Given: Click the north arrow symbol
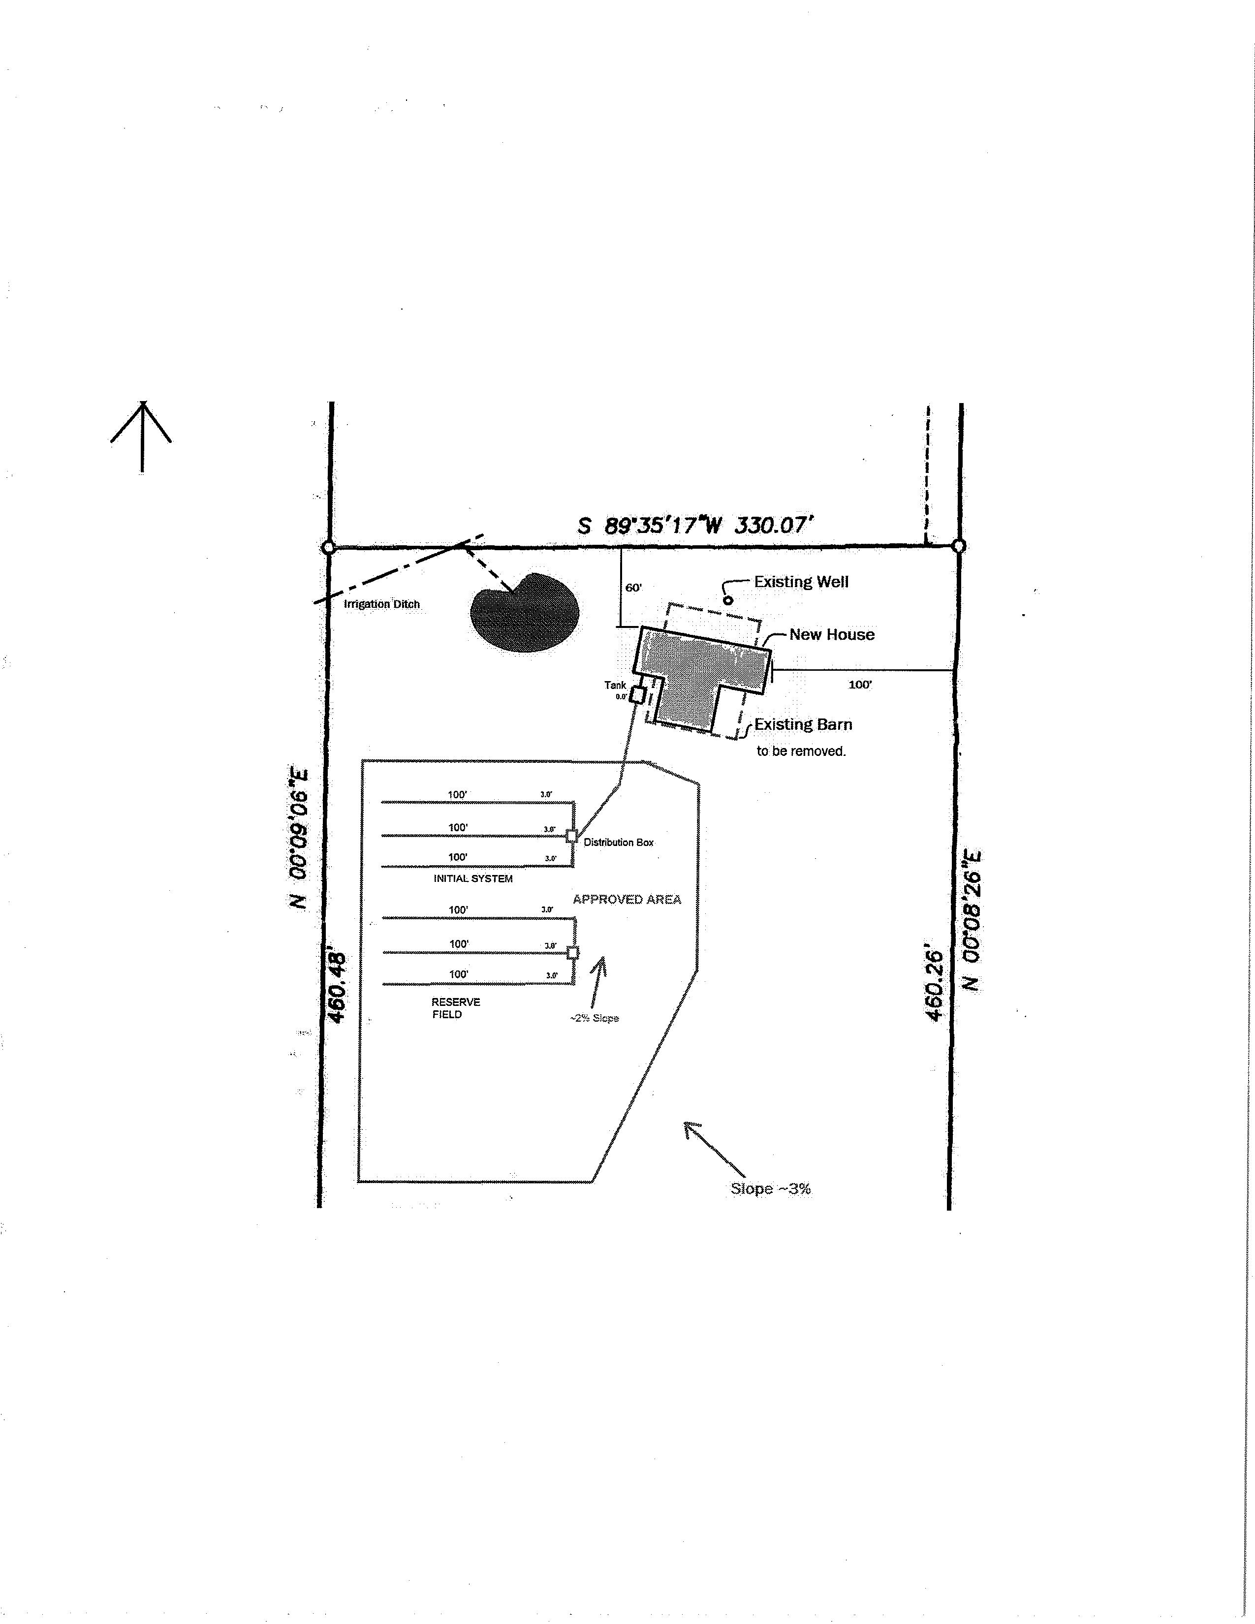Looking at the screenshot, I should click(x=141, y=437).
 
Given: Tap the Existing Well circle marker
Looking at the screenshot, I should click(x=728, y=600).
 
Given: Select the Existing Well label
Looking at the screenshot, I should click(x=801, y=582).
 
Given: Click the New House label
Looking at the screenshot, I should click(x=831, y=634).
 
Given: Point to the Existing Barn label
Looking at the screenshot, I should click(x=803, y=724).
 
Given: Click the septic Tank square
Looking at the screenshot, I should click(x=637, y=695).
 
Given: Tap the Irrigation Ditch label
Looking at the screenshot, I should click(x=381, y=604).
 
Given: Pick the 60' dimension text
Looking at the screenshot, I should click(x=633, y=588).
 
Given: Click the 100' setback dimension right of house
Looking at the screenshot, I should click(x=860, y=684).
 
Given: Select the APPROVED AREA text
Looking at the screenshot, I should click(x=627, y=899).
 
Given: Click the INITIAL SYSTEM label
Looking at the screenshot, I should click(x=473, y=878).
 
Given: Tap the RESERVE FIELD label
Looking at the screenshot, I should click(x=455, y=1008).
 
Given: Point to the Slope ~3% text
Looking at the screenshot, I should click(x=770, y=1188).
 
